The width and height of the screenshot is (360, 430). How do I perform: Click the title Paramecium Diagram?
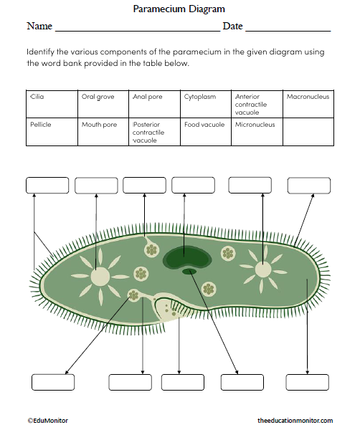[179, 9]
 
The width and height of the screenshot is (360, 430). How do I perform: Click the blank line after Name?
[137, 27]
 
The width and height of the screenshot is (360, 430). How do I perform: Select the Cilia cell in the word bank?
[52, 103]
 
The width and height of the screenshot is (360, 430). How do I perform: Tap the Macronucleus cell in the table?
[308, 103]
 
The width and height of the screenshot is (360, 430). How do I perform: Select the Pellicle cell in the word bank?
[52, 131]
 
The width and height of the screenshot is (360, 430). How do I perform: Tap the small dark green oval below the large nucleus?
[189, 272]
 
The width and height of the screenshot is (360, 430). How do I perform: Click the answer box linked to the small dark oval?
[242, 382]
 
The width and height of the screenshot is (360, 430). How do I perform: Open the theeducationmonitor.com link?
[295, 421]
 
